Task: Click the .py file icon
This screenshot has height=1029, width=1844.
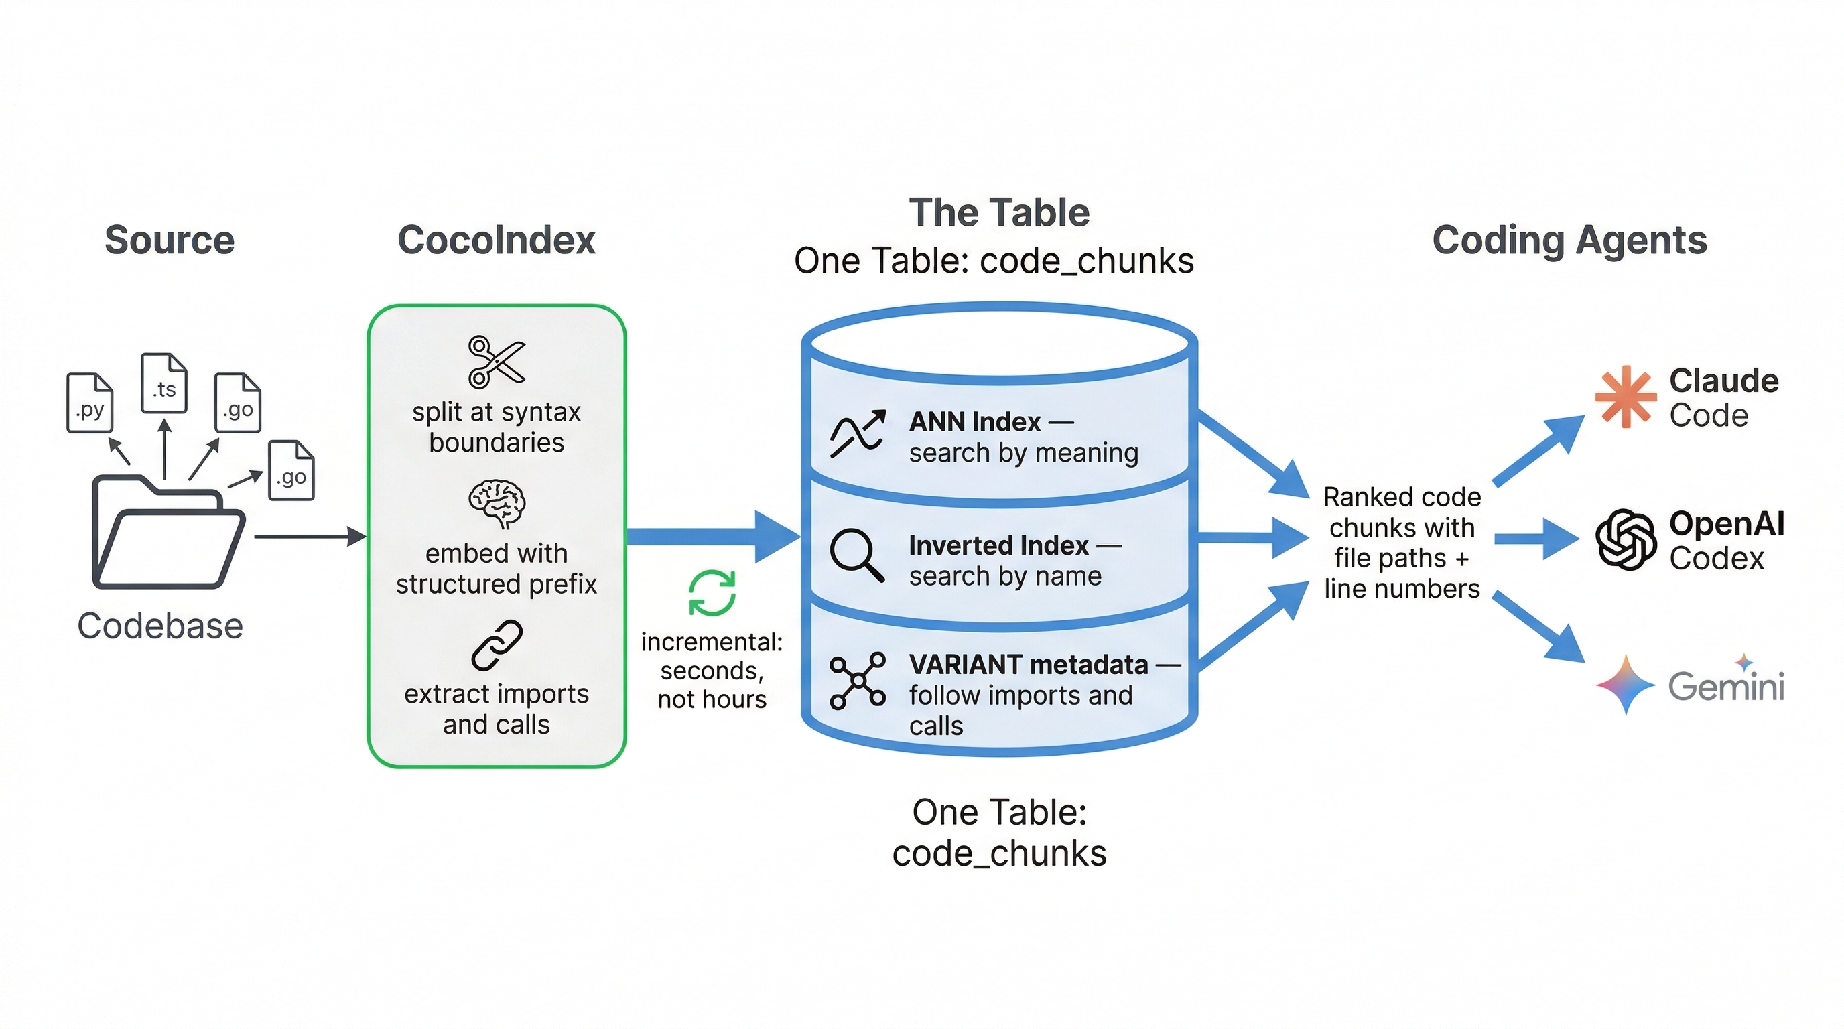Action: (90, 403)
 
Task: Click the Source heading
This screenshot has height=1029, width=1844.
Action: (170, 240)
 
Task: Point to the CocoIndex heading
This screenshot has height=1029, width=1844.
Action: (496, 240)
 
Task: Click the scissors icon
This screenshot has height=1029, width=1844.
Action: (496, 361)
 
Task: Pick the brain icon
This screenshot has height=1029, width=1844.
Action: (497, 504)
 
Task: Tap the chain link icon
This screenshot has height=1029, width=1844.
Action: (497, 645)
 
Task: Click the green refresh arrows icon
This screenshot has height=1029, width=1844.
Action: (712, 592)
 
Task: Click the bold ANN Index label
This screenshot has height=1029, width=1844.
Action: (975, 422)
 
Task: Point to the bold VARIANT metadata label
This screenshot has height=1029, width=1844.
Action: (1029, 665)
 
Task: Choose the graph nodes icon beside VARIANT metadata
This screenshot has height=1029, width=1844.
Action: (857, 681)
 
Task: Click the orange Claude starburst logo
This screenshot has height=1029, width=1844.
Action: (1626, 397)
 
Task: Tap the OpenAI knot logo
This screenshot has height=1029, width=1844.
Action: (1626, 539)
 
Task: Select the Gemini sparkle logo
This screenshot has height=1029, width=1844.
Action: (1626, 685)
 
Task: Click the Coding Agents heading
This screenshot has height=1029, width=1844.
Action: (1569, 240)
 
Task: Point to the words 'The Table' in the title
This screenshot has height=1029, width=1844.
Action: (999, 212)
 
